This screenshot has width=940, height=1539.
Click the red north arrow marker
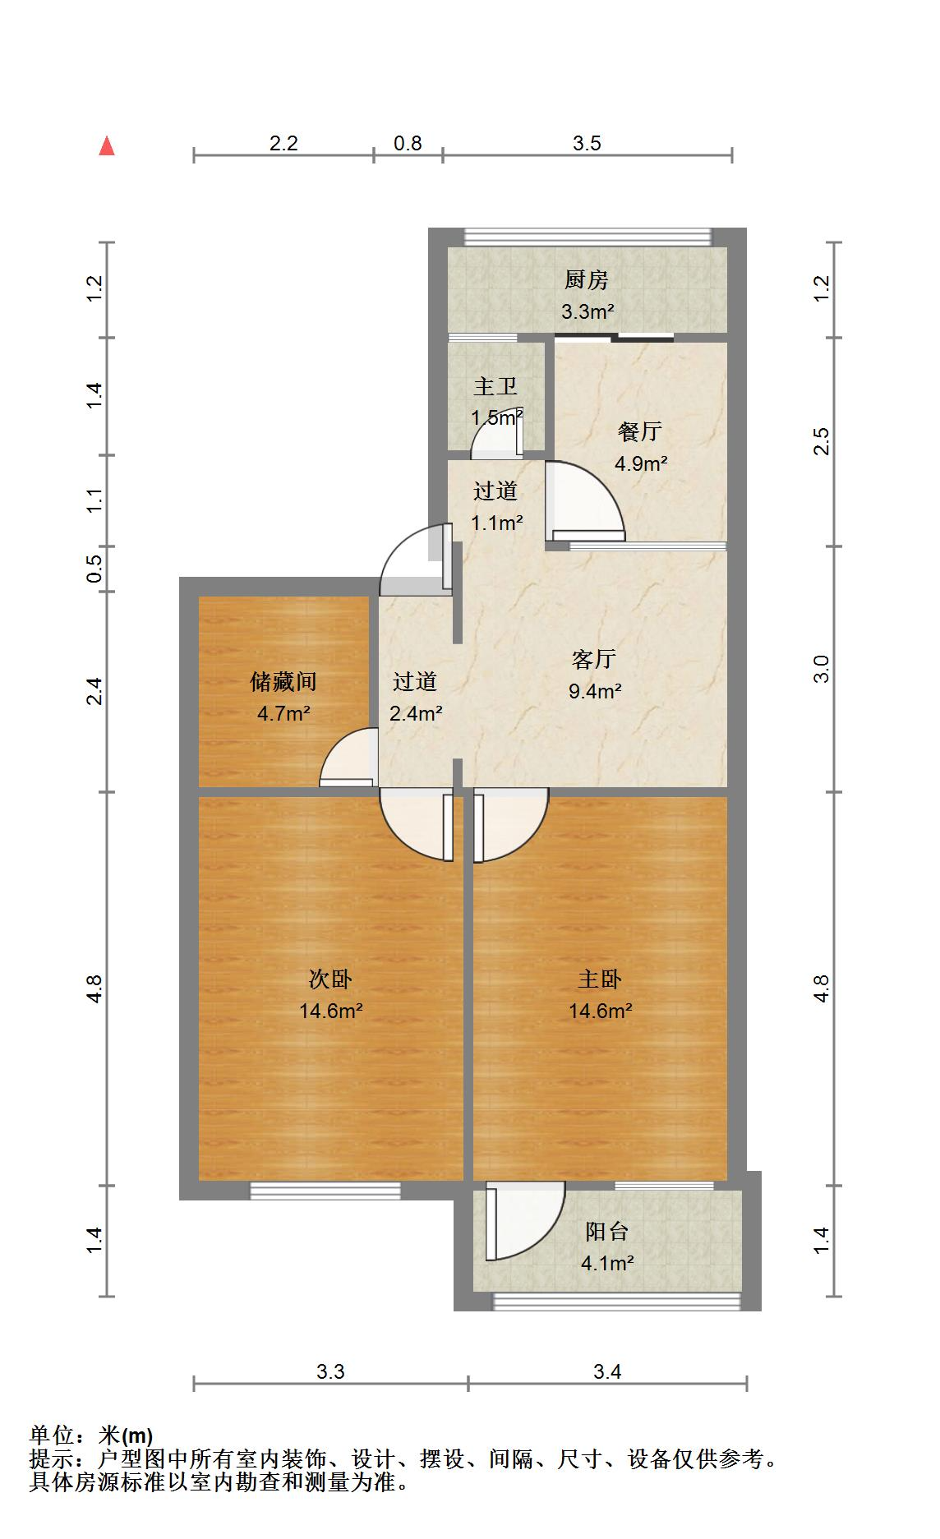coord(107,146)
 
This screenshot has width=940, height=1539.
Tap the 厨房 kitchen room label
coord(586,280)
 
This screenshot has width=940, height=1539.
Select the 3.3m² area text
coord(587,311)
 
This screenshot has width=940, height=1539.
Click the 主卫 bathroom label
coord(495,386)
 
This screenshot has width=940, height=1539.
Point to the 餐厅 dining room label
coord(640,431)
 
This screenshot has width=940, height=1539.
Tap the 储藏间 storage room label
coord(283,681)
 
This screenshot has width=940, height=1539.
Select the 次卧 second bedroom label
coord(330,979)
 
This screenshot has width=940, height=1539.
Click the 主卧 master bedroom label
coord(600,979)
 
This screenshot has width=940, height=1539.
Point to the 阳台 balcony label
coord(607,1232)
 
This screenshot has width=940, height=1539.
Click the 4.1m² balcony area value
coord(607,1263)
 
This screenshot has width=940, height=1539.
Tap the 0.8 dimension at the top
coord(408,144)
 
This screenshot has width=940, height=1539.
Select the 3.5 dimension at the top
coord(587,144)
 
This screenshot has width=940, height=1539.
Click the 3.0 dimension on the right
coord(822,669)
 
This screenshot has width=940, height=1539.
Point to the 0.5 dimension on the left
coord(95,569)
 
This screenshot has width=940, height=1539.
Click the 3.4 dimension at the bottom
coord(607,1371)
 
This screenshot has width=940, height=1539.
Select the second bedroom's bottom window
coord(325,1191)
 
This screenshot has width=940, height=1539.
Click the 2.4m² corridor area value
coord(416,713)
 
